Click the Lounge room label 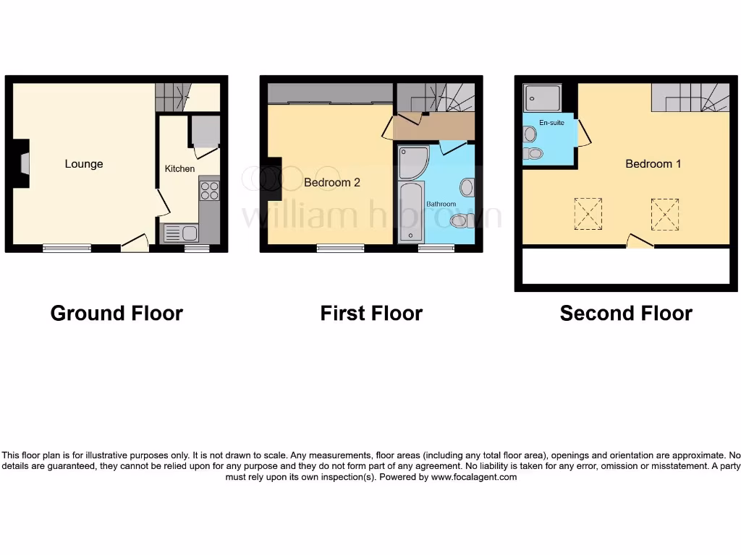pyautogui.click(x=84, y=164)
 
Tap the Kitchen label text pyautogui.click(x=179, y=168)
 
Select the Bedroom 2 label pyautogui.click(x=331, y=183)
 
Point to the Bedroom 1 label pyautogui.click(x=653, y=164)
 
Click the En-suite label pyautogui.click(x=551, y=123)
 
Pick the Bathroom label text pyautogui.click(x=441, y=205)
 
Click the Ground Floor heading pyautogui.click(x=117, y=313)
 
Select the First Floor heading pyautogui.click(x=371, y=313)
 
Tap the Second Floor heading pyautogui.click(x=626, y=313)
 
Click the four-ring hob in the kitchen pyautogui.click(x=209, y=191)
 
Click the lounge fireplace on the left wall pyautogui.click(x=22, y=164)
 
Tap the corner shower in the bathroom pyautogui.click(x=413, y=162)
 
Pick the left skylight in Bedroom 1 pyautogui.click(x=588, y=214)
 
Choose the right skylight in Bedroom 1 pyautogui.click(x=664, y=214)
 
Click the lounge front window pyautogui.click(x=67, y=248)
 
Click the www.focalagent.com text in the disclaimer pyautogui.click(x=474, y=477)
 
